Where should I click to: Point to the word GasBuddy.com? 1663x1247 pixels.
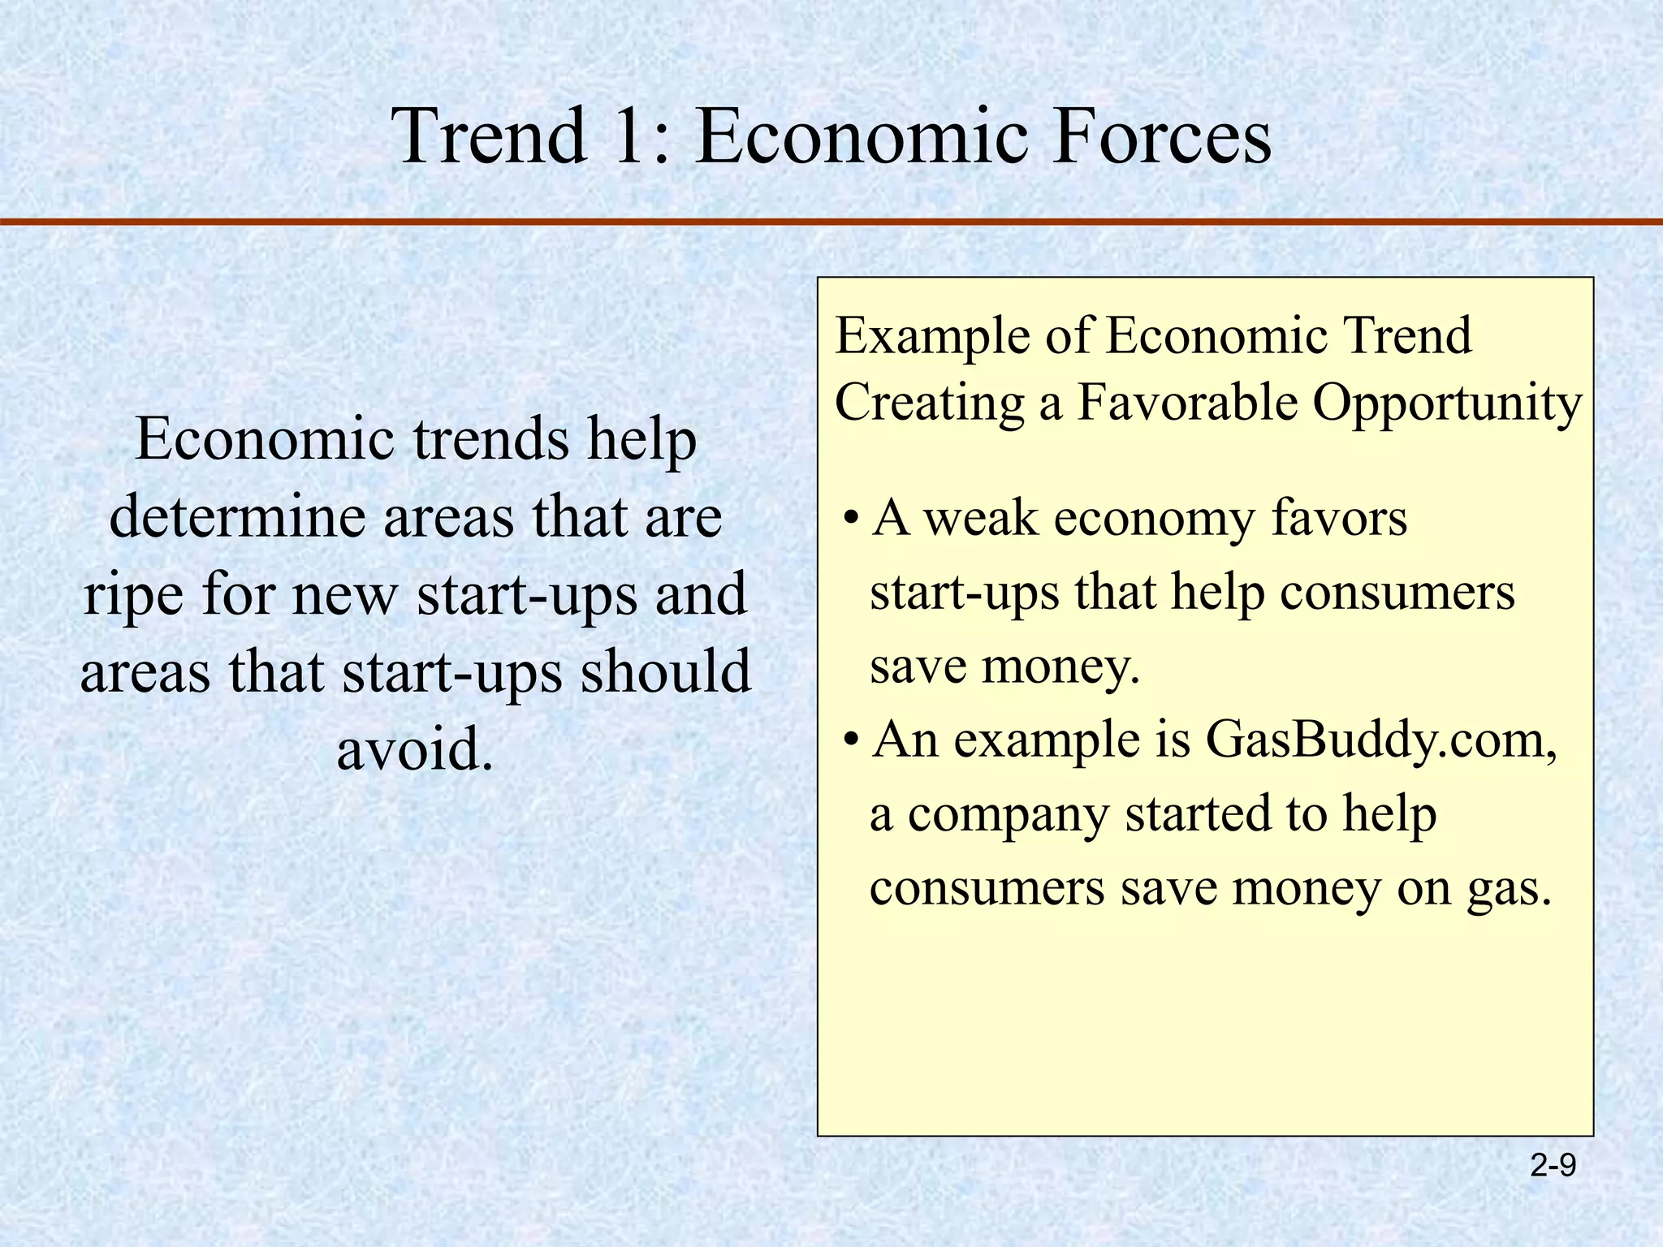tap(1380, 740)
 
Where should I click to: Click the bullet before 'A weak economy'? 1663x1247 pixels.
tap(850, 520)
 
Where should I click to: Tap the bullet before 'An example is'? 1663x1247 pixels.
tap(850, 741)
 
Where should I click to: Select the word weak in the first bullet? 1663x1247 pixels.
tap(981, 518)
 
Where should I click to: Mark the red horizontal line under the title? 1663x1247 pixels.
tap(831, 222)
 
